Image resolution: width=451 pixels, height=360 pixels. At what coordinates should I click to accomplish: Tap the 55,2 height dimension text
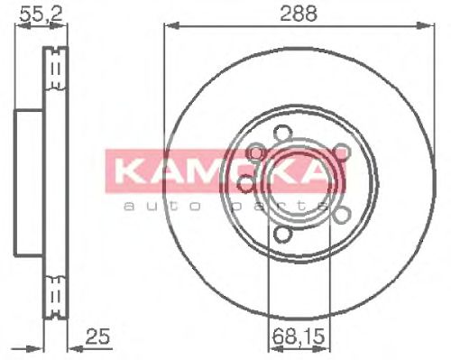tap(33, 13)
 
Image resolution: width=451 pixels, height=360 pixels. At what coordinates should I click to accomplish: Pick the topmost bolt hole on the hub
tap(280, 131)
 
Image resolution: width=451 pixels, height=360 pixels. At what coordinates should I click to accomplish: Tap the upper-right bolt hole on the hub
tap(340, 152)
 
